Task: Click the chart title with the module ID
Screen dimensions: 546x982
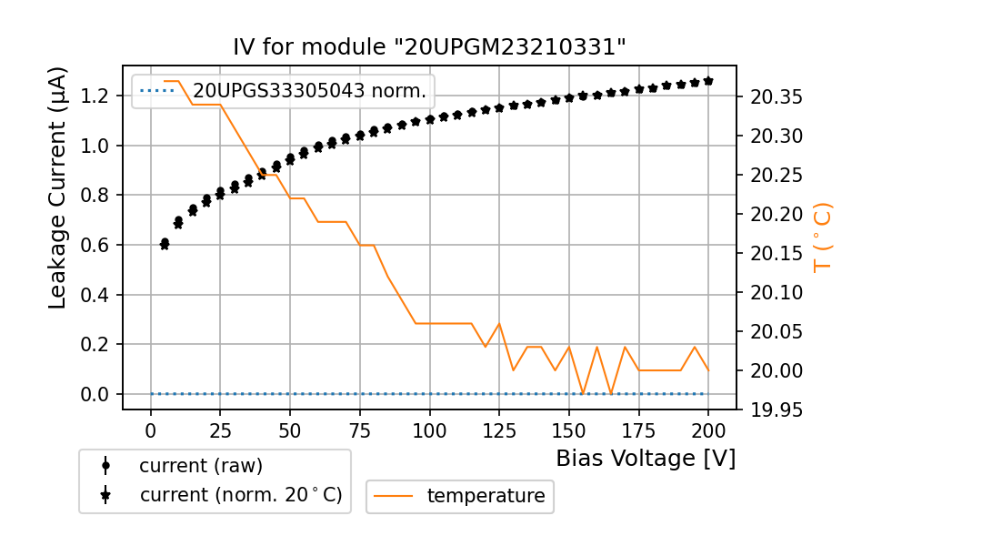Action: tap(430, 47)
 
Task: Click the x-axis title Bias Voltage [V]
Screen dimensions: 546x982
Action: tap(646, 458)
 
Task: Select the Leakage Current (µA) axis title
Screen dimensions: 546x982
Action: tap(58, 187)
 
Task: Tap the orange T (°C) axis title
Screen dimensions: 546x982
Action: tap(823, 238)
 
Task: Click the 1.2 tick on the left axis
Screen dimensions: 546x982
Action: tap(95, 96)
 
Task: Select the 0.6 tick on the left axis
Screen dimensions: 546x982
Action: tap(95, 245)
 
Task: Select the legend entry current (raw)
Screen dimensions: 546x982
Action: tap(200, 466)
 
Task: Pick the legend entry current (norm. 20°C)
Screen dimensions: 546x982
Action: tap(240, 495)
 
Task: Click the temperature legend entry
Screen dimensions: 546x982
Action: tap(486, 496)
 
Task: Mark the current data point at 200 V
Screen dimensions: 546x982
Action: tap(708, 81)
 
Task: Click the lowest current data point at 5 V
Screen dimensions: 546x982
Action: tap(165, 244)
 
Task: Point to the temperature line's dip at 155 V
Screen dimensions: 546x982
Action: tap(583, 393)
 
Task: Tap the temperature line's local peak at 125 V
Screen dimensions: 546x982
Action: tap(499, 324)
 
